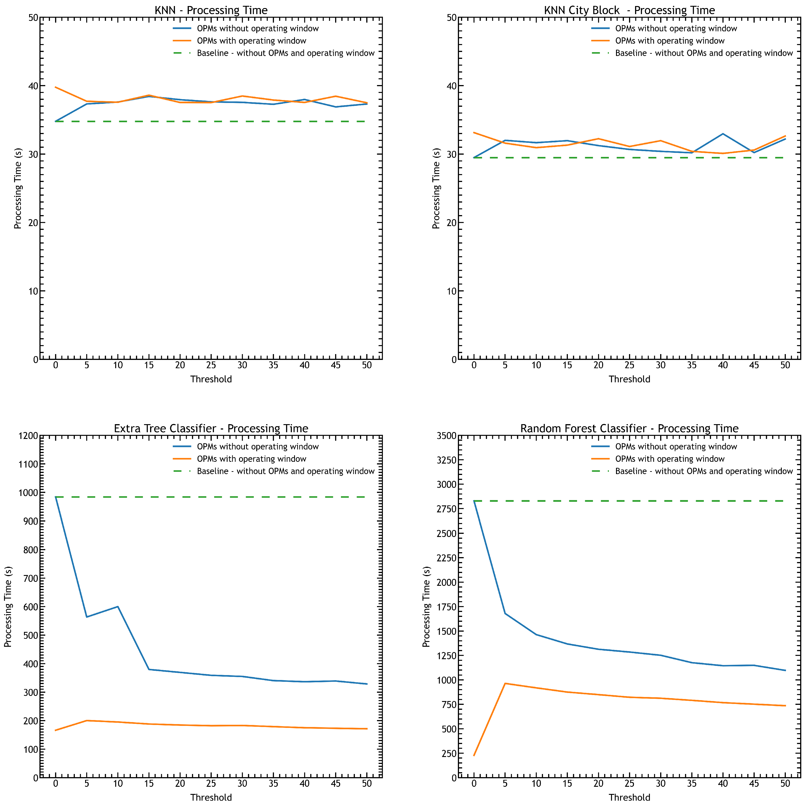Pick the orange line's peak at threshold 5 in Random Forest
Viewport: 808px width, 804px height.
point(505,683)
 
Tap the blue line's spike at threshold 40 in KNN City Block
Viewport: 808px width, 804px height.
point(723,134)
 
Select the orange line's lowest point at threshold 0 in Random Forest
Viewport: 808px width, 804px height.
point(474,755)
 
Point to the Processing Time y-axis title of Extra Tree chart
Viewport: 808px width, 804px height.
point(8,607)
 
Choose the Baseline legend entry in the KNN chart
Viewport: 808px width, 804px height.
point(285,53)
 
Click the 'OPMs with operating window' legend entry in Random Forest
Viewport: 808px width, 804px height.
point(670,459)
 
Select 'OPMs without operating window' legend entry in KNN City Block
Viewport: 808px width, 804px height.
point(676,28)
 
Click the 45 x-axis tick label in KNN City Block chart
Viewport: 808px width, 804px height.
point(754,365)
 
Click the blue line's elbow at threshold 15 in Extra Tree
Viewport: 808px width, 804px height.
point(149,669)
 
